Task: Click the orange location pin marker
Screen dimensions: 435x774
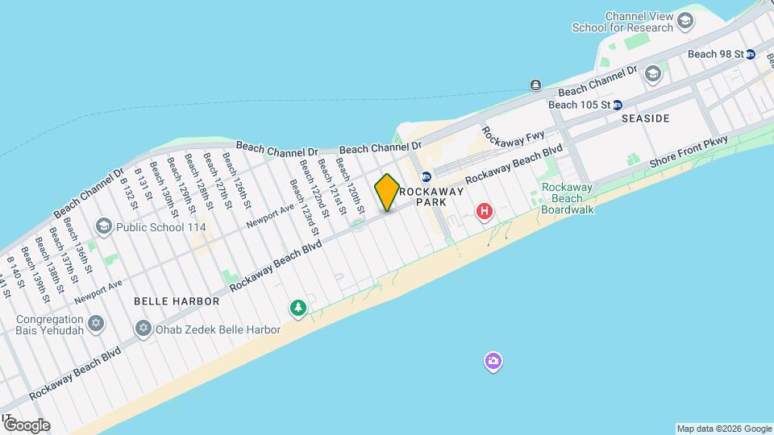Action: [387, 192]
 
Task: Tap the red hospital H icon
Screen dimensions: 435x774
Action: [485, 212]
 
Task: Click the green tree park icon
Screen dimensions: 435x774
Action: [298, 308]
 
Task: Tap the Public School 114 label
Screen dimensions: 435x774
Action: [160, 228]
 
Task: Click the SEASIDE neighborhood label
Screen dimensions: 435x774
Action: [646, 118]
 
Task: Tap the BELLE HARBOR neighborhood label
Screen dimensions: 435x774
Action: [177, 301]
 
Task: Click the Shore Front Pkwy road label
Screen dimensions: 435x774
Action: [689, 151]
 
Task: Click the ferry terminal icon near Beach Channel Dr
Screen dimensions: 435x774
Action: [535, 85]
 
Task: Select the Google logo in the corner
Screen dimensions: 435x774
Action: [27, 425]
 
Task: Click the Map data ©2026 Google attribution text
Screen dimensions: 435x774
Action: [723, 429]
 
